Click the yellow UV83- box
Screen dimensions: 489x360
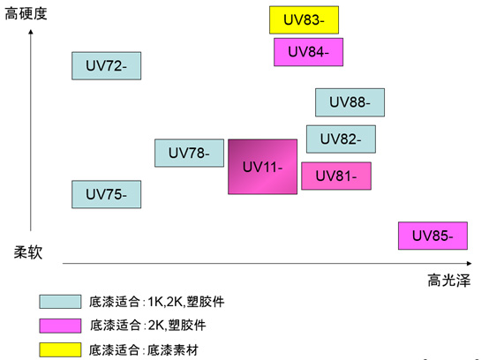click(x=304, y=20)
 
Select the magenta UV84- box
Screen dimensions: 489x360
click(x=308, y=52)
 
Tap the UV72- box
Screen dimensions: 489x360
click(x=106, y=66)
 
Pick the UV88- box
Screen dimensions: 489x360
click(x=350, y=102)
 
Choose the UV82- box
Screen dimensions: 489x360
click(x=341, y=139)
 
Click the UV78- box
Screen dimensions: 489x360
click(x=189, y=153)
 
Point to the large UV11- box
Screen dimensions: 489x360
click(x=262, y=167)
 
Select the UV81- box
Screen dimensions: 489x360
click(x=336, y=176)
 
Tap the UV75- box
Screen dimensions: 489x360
click(x=106, y=194)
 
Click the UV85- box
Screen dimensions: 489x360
click(x=433, y=236)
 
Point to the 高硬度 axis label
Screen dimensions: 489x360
click(x=26, y=14)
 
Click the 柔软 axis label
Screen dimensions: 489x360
click(x=28, y=251)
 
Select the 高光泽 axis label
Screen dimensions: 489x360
click(x=448, y=280)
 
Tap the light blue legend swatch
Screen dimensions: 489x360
click(x=60, y=302)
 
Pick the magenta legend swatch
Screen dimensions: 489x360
click(x=60, y=326)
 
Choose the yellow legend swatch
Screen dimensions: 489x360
click(x=60, y=349)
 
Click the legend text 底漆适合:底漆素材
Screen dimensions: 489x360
click(x=144, y=350)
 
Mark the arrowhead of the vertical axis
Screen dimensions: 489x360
click(x=31, y=32)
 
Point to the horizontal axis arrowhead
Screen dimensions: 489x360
click(x=470, y=264)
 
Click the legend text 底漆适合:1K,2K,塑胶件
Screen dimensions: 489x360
click(x=156, y=302)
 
